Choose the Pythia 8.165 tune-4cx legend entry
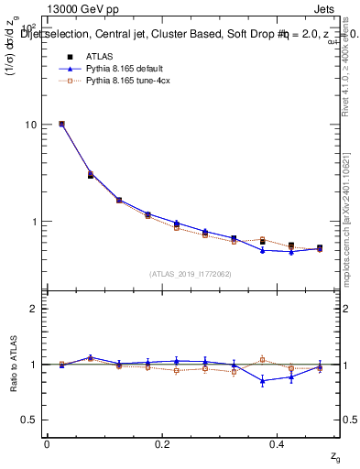(117, 81)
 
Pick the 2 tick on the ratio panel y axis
(37, 309)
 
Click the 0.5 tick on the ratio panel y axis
(32, 420)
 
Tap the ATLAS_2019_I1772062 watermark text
(191, 274)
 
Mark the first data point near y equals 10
(61, 124)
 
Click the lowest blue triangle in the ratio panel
(262, 381)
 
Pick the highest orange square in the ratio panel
(262, 359)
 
